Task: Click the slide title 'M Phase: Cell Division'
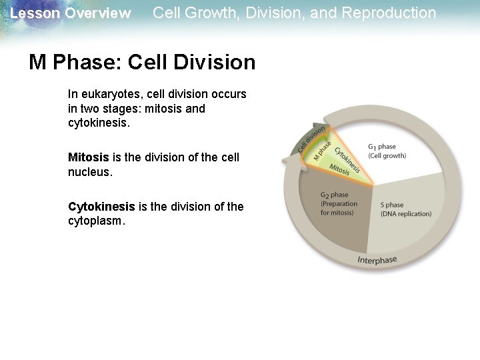coord(142,62)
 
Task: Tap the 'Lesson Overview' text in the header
coord(71,13)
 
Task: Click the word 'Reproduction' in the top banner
coord(394,13)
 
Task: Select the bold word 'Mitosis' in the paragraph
coord(88,157)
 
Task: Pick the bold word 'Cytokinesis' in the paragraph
coord(101,207)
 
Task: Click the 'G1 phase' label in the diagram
coord(381,147)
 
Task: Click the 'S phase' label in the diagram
coord(392,205)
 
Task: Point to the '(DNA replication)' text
coord(405,214)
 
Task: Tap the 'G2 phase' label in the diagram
coord(334,195)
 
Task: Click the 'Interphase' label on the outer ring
coord(377,260)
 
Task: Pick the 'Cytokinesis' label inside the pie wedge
coord(347,160)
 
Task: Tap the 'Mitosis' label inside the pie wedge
coord(339,171)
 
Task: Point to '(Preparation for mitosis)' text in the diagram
coord(338,208)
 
